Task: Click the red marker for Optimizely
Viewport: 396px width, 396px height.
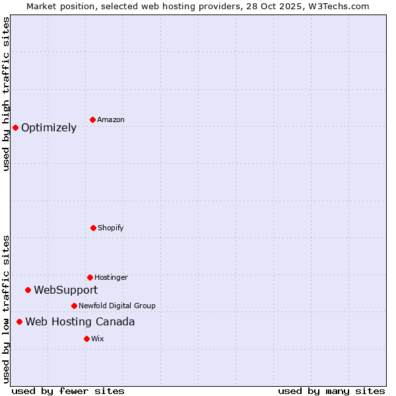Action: [15, 127]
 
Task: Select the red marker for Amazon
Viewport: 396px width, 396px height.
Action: [92, 119]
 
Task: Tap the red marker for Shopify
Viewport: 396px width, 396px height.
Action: [93, 228]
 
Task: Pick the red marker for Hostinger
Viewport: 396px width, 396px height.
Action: [90, 277]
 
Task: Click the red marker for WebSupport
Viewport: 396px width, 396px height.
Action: [28, 290]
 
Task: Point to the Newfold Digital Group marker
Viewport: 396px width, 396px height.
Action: [74, 306]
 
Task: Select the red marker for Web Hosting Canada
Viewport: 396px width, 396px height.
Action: [19, 321]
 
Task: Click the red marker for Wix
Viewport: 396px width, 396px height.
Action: [86, 339]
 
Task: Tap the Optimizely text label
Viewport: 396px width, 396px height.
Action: [49, 128]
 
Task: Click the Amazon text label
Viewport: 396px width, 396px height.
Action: [111, 120]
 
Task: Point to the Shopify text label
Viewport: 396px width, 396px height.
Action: [111, 228]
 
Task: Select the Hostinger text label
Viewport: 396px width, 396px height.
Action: [111, 278]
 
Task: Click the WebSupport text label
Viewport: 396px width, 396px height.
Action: [66, 290]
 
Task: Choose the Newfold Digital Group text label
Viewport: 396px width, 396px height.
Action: [117, 306]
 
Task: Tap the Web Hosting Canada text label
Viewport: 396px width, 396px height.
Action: [80, 322]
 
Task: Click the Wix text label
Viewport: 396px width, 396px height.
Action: [98, 339]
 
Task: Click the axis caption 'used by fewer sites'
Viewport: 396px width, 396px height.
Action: [68, 391]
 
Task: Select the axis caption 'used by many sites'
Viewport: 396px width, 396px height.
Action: [331, 391]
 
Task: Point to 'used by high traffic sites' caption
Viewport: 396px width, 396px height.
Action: [7, 94]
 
